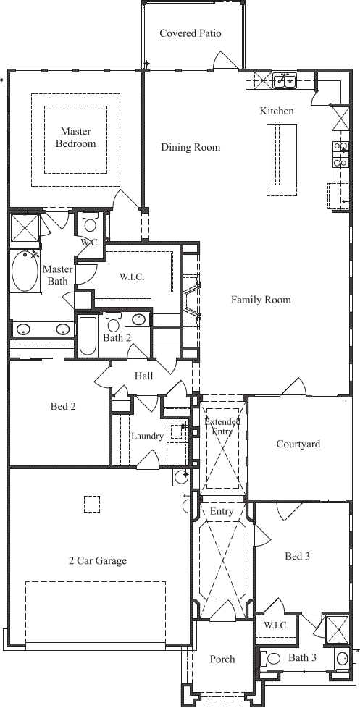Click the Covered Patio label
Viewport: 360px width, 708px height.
click(x=191, y=33)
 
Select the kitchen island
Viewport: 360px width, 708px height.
click(x=281, y=159)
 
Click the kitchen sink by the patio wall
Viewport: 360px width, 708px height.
click(x=284, y=81)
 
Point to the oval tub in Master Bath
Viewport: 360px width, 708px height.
click(x=25, y=271)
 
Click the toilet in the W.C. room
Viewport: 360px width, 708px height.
click(x=91, y=224)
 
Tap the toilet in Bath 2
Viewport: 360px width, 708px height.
click(x=113, y=322)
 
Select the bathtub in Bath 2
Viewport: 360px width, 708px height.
click(x=88, y=335)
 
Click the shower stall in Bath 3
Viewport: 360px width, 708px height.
click(x=337, y=629)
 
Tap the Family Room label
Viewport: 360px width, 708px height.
click(x=261, y=300)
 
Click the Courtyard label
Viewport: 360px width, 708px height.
click(x=298, y=444)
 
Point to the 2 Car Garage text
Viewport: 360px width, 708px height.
click(x=98, y=561)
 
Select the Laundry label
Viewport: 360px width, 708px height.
click(x=147, y=437)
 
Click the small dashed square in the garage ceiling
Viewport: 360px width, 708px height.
click(x=92, y=504)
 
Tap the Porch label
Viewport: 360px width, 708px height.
click(x=222, y=659)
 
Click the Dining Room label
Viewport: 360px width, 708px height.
click(x=191, y=147)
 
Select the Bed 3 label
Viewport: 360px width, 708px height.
click(x=297, y=556)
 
